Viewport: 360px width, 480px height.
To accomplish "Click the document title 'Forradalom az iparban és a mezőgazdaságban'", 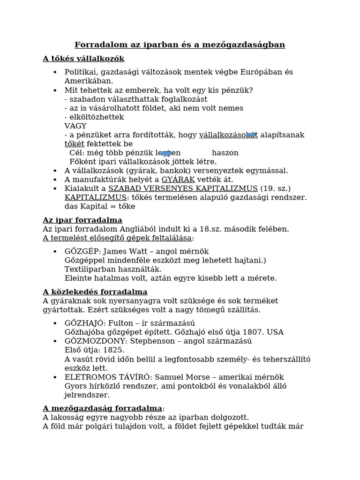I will (180, 45).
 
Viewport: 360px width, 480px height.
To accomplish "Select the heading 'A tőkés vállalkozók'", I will (83, 59).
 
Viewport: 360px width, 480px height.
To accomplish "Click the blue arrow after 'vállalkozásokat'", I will (252, 135).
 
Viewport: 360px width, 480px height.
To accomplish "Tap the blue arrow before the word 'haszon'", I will (166, 153).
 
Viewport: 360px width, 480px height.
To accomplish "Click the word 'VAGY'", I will (75, 126).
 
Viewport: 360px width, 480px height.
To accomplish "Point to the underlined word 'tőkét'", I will (74, 144).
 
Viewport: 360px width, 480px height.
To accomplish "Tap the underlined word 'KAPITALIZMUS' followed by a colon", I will (95, 197).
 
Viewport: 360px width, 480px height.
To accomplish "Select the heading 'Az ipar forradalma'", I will (82, 220).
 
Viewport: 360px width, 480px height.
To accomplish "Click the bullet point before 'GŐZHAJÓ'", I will (55, 323).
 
